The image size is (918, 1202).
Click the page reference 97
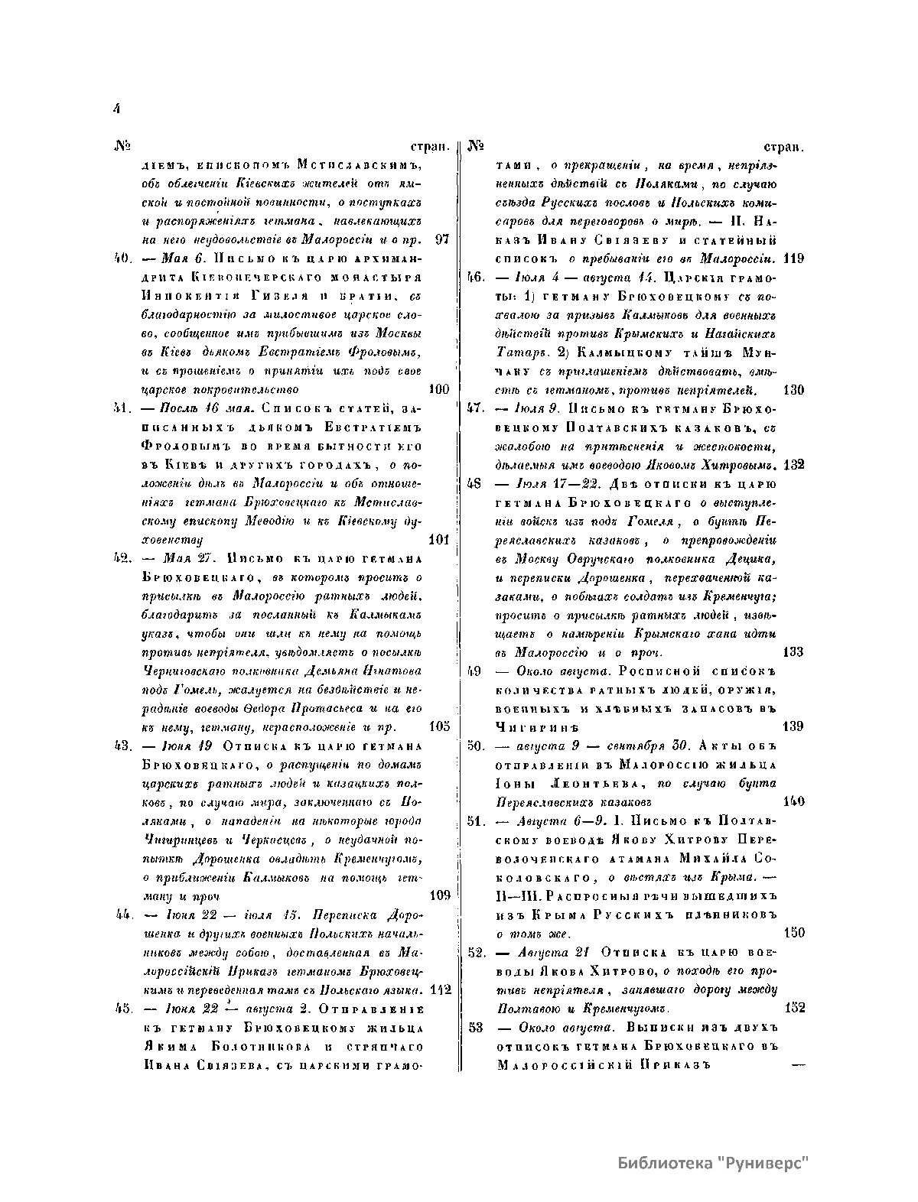click(441, 239)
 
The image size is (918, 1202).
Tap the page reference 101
click(439, 539)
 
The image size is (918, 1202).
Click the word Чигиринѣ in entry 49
click(535, 726)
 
